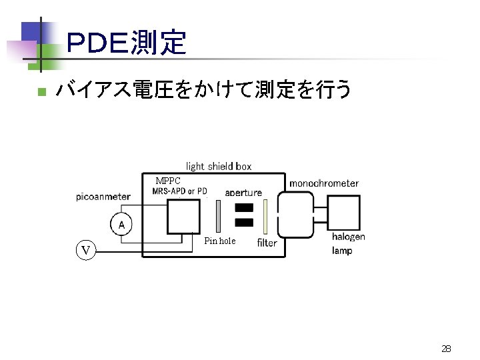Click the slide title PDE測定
pos(126,43)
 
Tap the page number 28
pos(446,348)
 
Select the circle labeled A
pos(121,224)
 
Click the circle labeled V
pos(85,250)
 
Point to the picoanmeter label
pos(103,196)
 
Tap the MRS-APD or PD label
pos(179,191)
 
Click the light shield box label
pos(218,166)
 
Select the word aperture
pos(243,193)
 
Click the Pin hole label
pos(219,241)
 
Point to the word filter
pos(267,243)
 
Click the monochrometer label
pos(323,183)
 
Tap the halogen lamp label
pos(348,243)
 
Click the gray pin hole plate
pos(218,213)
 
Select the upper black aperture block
pos(245,207)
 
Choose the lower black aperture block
pos(245,222)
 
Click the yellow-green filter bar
pos(265,215)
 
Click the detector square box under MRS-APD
pos(183,215)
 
